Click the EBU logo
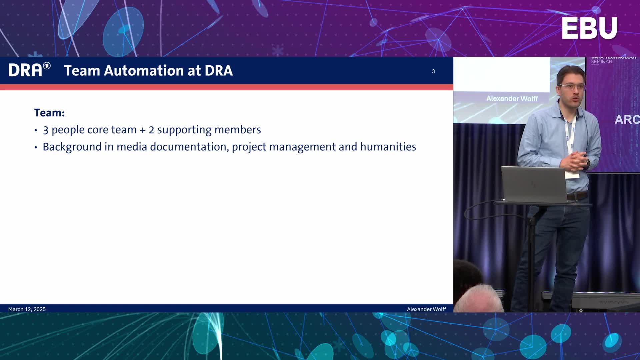(589, 28)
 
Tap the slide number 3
(433, 71)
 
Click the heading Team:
(49, 113)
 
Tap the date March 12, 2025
(27, 309)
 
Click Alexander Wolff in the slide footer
(426, 309)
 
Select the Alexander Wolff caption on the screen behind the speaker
(512, 99)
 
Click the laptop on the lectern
(534, 184)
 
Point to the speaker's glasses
(572, 87)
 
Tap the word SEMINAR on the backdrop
(602, 62)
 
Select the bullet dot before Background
(36, 147)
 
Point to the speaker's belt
(577, 196)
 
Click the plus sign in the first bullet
(143, 130)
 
